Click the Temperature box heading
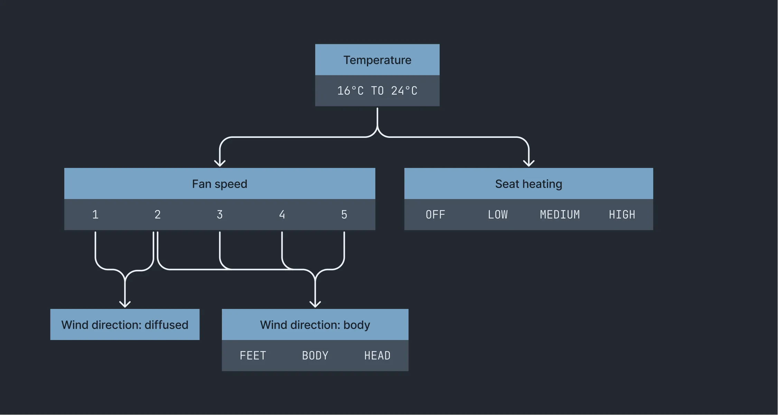coord(377,60)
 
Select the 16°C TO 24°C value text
coord(377,91)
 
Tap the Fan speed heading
coord(219,184)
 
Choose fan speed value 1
coord(95,215)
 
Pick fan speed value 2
coord(158,215)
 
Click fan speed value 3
coord(220,215)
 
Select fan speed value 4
coord(282,215)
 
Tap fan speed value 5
coord(344,215)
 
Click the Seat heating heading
coord(528,184)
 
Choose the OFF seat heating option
coord(435,215)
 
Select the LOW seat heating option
coord(498,215)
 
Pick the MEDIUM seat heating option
coord(560,215)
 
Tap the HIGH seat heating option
coord(622,215)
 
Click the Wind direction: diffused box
coord(125,325)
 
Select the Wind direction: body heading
coord(315,325)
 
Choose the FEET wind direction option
coord(253,356)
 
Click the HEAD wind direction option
coord(377,356)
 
